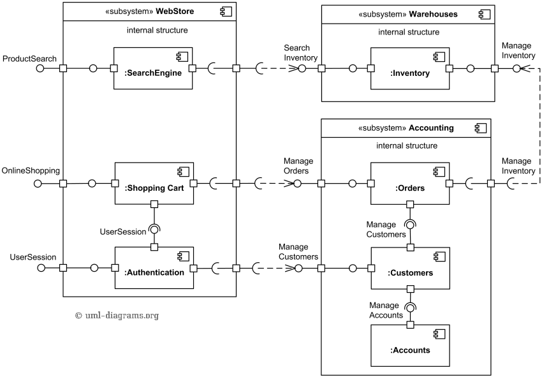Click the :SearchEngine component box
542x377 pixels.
point(153,68)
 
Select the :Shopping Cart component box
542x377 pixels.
point(154,183)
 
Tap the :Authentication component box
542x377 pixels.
point(154,268)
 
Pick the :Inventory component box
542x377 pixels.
point(410,68)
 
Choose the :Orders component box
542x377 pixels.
point(410,183)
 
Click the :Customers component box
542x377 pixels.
point(410,269)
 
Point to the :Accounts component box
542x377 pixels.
point(410,346)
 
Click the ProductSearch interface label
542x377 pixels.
point(29,59)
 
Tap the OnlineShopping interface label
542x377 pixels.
point(31,170)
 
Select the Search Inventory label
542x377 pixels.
point(300,53)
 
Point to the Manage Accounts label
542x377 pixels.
point(386,310)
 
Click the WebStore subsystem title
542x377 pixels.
point(150,11)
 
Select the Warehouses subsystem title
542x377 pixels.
point(408,14)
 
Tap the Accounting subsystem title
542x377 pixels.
point(406,128)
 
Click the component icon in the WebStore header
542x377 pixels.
point(226,11)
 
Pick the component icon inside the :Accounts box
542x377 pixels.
point(440,334)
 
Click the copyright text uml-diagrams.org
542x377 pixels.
point(117,315)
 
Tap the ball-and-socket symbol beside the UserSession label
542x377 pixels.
point(154,229)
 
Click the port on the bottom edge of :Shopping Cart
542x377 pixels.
point(154,204)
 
